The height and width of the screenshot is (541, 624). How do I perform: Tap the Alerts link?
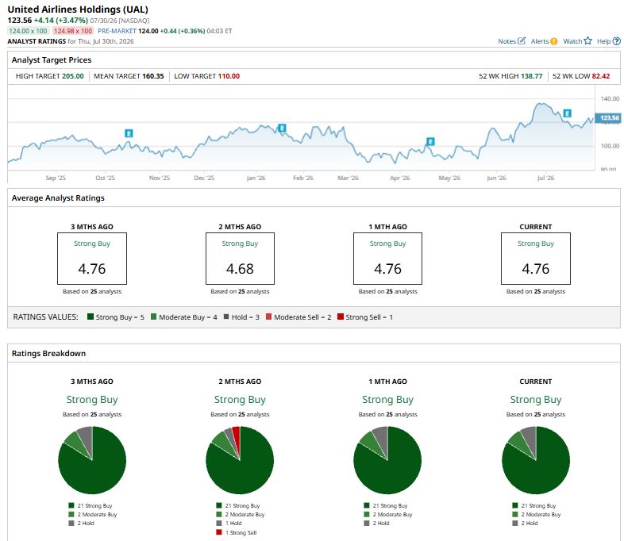tap(544, 41)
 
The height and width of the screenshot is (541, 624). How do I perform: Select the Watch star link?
tap(577, 41)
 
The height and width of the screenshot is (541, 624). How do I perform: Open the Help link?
tap(608, 41)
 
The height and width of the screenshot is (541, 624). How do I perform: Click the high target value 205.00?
tap(73, 76)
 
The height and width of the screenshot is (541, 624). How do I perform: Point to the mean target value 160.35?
tap(153, 76)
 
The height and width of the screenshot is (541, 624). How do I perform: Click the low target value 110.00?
tap(229, 76)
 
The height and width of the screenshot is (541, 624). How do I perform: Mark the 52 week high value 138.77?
tap(531, 76)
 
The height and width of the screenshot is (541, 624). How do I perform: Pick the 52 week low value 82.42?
tap(600, 76)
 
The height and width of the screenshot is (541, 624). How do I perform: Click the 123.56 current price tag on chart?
tap(608, 117)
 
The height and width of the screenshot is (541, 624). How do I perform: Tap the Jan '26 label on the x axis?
tap(256, 178)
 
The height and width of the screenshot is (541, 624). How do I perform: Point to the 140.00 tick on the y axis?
tap(610, 98)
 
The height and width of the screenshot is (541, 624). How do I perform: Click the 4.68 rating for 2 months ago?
tap(240, 269)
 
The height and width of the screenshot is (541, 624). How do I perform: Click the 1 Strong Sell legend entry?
tap(237, 532)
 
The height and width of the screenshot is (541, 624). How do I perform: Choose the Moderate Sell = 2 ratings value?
tap(299, 317)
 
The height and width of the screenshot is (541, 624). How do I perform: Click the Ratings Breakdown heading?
tap(48, 353)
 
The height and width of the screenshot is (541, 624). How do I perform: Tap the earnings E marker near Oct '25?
tap(129, 133)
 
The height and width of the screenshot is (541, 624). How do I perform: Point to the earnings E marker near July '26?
tap(567, 113)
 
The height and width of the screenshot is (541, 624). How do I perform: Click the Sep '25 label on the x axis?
tap(56, 178)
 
